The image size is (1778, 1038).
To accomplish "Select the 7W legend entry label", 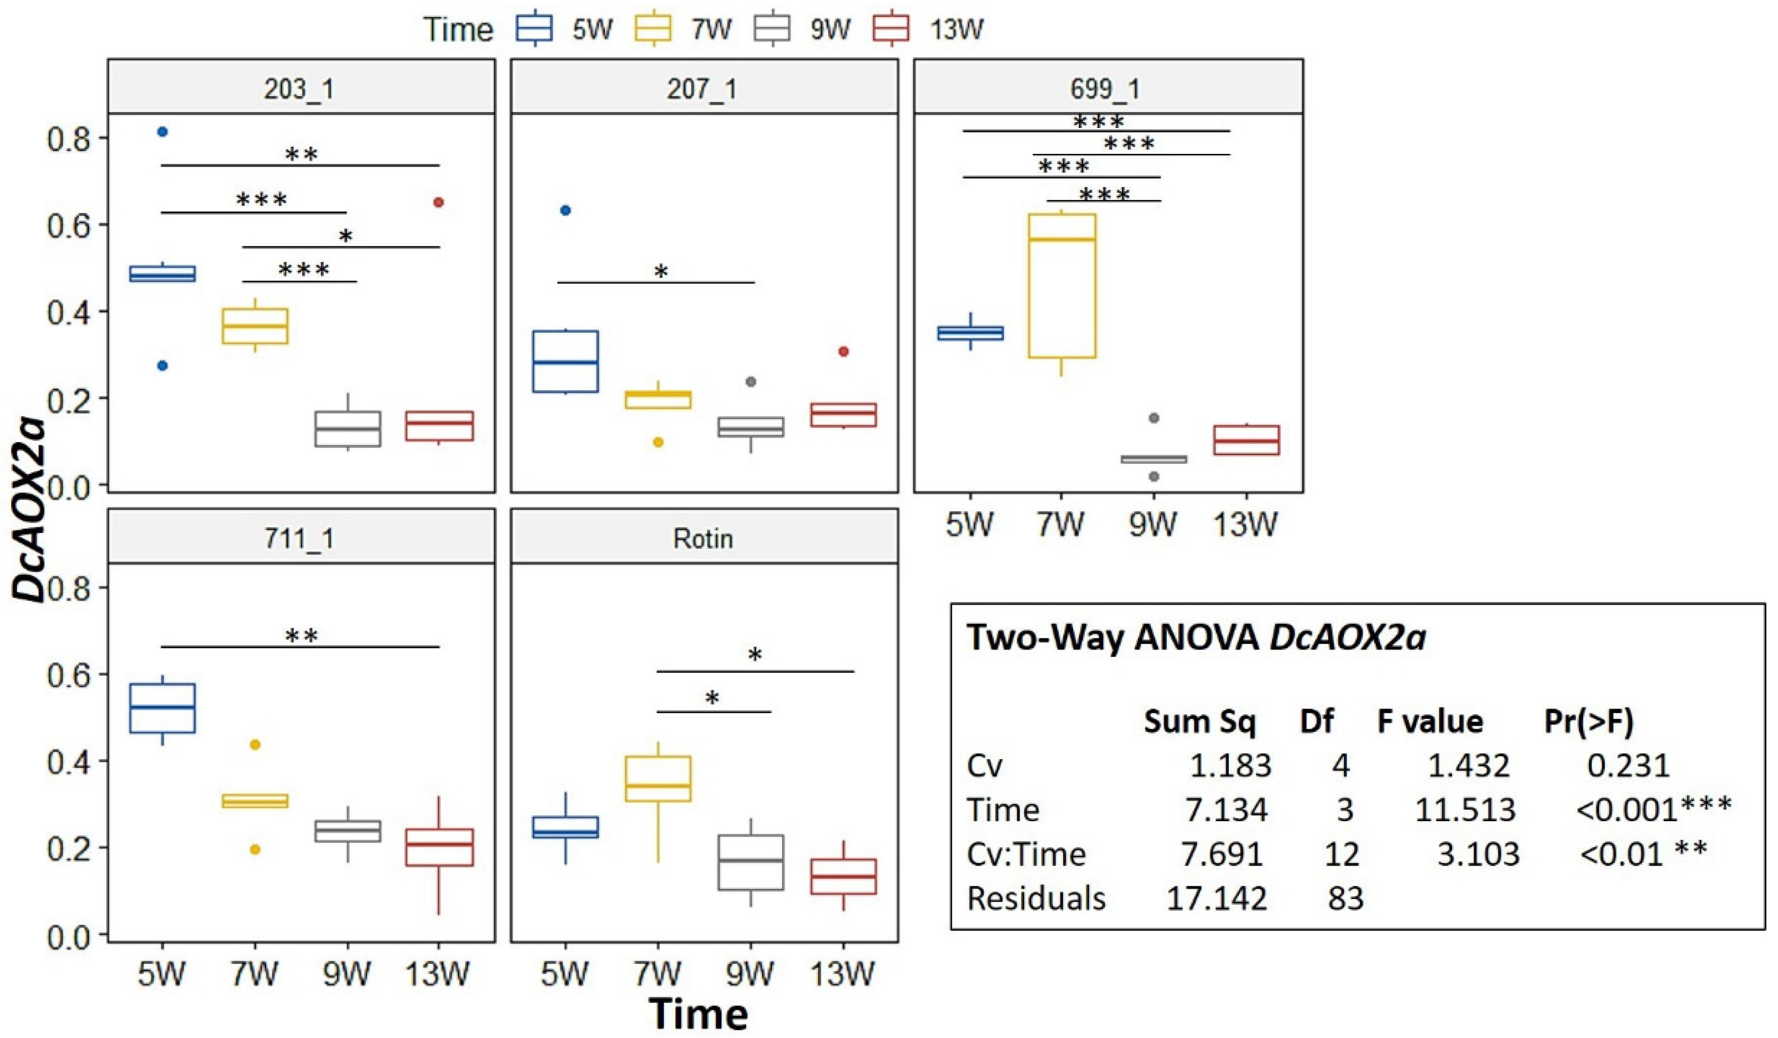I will (711, 30).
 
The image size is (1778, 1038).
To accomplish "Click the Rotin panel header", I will (703, 539).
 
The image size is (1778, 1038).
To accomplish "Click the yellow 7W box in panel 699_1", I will (1062, 286).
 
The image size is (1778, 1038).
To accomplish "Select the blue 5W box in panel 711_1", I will (162, 708).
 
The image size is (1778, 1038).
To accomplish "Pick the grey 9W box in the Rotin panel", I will (751, 862).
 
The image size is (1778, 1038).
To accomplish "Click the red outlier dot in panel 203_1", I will (438, 203).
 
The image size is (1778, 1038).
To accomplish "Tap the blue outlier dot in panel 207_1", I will (565, 210).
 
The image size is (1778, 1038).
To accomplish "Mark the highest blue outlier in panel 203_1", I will (162, 132).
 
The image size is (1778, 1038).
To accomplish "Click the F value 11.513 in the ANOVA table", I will (1465, 810).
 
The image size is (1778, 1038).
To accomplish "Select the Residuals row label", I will (1036, 898).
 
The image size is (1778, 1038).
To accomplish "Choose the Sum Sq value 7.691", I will (1222, 854).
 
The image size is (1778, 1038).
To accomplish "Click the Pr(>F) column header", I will (1589, 721).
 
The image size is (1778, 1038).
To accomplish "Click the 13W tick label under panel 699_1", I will (1245, 525).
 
